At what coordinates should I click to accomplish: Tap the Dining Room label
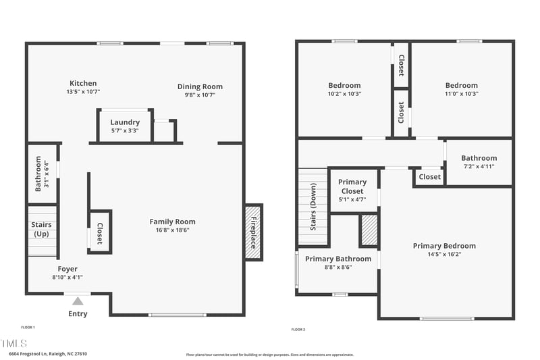(200, 86)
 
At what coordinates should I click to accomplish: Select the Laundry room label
(125, 122)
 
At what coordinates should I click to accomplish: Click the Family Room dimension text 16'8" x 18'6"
(172, 230)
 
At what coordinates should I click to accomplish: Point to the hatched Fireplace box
(254, 232)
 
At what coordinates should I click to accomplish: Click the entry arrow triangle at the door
(78, 301)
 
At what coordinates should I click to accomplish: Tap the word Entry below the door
(78, 313)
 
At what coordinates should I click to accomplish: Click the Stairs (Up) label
(41, 229)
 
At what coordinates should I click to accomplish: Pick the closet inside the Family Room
(100, 232)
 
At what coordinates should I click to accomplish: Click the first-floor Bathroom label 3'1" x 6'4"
(41, 174)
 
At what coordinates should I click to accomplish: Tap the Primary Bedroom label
(444, 246)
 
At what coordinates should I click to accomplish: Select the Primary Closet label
(352, 186)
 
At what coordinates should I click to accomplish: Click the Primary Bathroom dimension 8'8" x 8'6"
(338, 267)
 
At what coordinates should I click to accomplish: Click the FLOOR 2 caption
(298, 330)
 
